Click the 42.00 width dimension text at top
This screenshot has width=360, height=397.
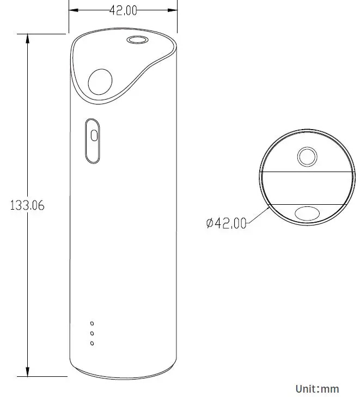point(124,11)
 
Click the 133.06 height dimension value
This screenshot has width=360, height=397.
point(27,206)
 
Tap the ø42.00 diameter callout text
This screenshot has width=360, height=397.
point(226,223)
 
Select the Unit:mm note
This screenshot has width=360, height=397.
point(317,388)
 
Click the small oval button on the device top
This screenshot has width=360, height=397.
point(137,40)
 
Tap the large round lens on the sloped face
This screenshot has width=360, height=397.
point(100,83)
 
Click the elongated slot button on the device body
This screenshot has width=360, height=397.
point(93,141)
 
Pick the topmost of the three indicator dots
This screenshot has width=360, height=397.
point(92,323)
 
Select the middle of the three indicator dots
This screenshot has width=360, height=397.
point(92,333)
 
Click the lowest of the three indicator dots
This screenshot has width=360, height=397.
point(92,343)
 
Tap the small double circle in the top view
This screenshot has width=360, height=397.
point(307,157)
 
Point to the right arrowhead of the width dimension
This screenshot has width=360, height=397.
point(176,10)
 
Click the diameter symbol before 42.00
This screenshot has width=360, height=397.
point(210,223)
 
